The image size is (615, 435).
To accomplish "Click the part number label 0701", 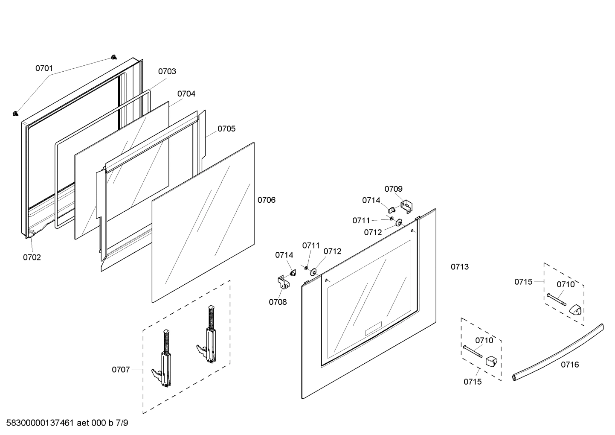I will pyautogui.click(x=44, y=68).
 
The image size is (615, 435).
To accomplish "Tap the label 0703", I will pyautogui.click(x=167, y=72).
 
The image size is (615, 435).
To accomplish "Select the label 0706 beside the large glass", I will pyautogui.click(x=267, y=200).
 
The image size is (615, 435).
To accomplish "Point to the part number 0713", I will pyautogui.click(x=460, y=267).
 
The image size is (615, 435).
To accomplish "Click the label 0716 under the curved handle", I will pyautogui.click(x=570, y=365).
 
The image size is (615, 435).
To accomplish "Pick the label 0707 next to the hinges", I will pyautogui.click(x=121, y=370).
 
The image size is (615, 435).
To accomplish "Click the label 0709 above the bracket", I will pyautogui.click(x=393, y=189).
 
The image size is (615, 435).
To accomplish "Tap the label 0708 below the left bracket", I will pyautogui.click(x=278, y=302).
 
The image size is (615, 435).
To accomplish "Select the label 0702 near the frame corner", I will pyautogui.click(x=32, y=257).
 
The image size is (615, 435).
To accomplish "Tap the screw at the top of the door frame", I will pyautogui.click(x=113, y=57).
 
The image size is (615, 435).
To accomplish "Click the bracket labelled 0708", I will pyautogui.click(x=283, y=281).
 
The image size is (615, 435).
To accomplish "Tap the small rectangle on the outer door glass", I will pyautogui.click(x=374, y=329).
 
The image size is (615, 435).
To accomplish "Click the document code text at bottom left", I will pyautogui.click(x=67, y=423).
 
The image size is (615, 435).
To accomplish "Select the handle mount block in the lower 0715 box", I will pyautogui.click(x=492, y=362).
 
